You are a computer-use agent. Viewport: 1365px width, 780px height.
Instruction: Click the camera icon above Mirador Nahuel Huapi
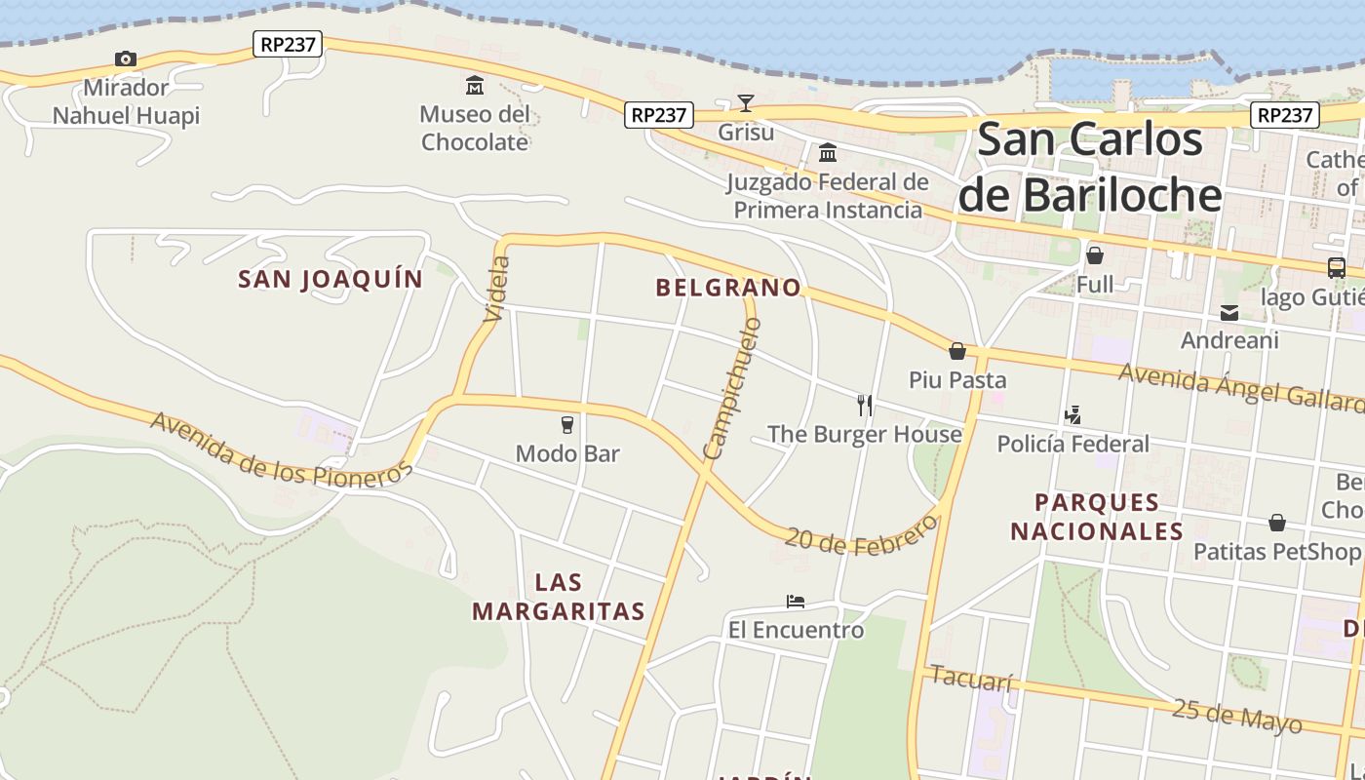(126, 59)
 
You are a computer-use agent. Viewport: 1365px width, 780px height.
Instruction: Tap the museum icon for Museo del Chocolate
(475, 86)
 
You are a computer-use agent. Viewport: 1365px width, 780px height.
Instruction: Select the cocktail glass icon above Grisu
(746, 103)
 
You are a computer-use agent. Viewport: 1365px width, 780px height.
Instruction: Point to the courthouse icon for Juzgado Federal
(828, 153)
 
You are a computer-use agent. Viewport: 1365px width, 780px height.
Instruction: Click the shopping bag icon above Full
(1095, 255)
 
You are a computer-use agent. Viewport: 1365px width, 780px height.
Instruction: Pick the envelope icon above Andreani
(1229, 313)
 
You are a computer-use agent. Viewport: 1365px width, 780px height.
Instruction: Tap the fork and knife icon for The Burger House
(864, 405)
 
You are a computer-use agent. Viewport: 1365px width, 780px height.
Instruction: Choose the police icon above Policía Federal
(1072, 415)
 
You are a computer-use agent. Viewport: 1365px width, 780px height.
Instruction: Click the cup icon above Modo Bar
(566, 424)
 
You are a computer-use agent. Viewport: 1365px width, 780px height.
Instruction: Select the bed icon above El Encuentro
(796, 602)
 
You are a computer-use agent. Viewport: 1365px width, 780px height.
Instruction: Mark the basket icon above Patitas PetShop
(1276, 523)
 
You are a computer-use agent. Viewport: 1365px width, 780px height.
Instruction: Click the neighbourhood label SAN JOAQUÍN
(331, 280)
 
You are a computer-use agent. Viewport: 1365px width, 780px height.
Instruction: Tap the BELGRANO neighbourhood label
(728, 288)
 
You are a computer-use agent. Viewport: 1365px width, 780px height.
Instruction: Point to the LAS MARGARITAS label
(559, 597)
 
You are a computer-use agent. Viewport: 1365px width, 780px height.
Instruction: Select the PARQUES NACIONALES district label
(1097, 517)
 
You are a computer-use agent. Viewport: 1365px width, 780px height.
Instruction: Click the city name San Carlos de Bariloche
(1090, 167)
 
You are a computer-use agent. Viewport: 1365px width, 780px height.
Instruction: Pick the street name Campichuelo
(732, 388)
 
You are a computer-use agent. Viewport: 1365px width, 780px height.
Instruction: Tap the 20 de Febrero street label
(860, 536)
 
